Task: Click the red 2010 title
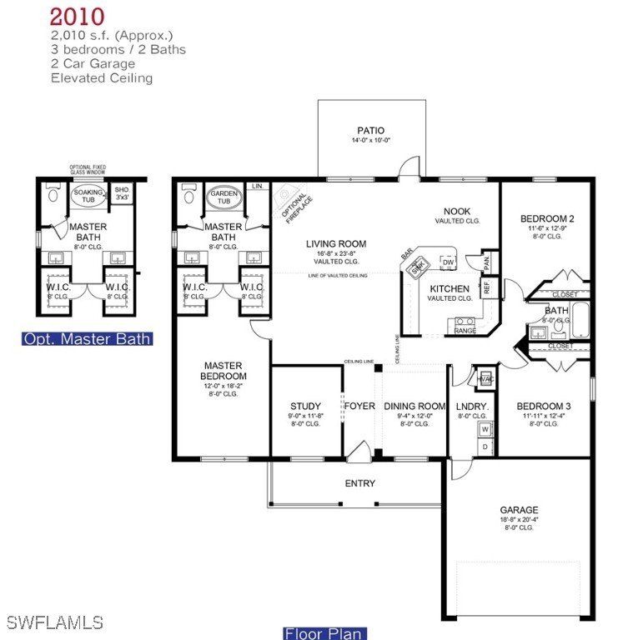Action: [77, 16]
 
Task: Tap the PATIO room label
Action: [371, 130]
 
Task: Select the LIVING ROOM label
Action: [335, 244]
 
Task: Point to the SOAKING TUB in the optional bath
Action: [88, 197]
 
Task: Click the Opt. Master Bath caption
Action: [87, 339]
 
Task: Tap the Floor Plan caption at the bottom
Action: [324, 632]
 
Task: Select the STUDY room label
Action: [305, 407]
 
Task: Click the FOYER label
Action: [359, 407]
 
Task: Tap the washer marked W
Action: [485, 429]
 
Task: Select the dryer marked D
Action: [485, 447]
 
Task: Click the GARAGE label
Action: [519, 510]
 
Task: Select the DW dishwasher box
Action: [448, 262]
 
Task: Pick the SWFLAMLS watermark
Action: [54, 622]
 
